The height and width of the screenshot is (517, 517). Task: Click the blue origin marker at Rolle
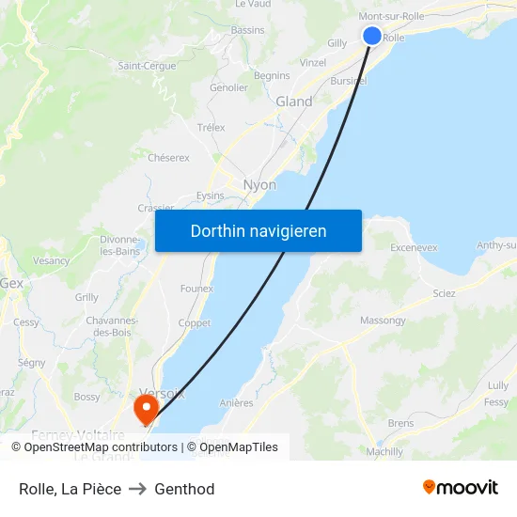[x=372, y=36]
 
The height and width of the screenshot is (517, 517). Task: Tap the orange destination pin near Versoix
[x=146, y=408]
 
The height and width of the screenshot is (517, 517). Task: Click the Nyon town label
[x=259, y=185]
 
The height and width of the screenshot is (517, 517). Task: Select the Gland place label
[x=294, y=102]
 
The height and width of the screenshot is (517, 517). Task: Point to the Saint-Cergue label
[x=147, y=66]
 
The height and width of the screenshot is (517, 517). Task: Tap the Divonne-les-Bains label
[x=120, y=245]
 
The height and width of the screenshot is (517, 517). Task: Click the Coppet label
[x=195, y=322]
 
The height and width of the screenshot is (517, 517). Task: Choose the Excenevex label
[x=414, y=248]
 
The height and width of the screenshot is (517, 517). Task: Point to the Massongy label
[x=383, y=321]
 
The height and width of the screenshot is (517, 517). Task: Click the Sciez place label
[x=445, y=293]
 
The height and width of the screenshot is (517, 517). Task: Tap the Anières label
[x=237, y=403]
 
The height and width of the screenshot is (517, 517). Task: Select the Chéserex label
[x=168, y=158]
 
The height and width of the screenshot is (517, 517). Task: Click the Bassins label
[x=248, y=30]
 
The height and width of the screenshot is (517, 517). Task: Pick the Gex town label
[x=12, y=283]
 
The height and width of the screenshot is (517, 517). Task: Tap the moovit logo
[x=460, y=488]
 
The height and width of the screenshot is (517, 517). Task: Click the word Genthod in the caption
[x=184, y=489]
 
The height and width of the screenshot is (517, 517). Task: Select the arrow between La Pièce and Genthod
[x=137, y=489]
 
